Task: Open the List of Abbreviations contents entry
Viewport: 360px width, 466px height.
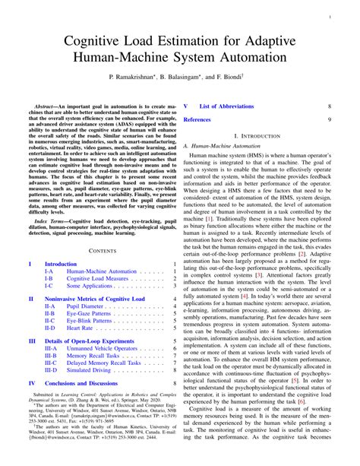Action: [x=234, y=107]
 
